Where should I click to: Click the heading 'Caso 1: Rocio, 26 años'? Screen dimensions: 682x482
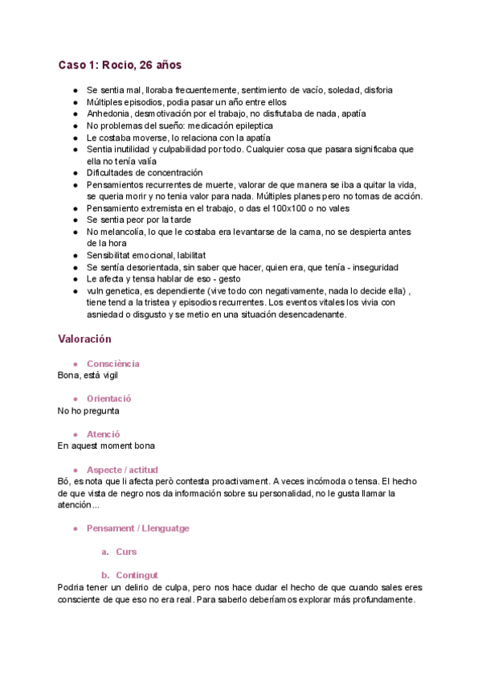[125, 64]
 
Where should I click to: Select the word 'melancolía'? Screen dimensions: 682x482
[123, 232]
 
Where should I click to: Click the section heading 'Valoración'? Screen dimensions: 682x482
[85, 339]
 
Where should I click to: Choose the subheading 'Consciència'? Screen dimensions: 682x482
[112, 364]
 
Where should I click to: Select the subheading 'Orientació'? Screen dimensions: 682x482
[109, 398]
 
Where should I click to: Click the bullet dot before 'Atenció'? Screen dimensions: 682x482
[75, 433]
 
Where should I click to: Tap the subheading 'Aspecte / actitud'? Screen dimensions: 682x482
[122, 469]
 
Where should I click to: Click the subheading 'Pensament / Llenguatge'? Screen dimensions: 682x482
[137, 528]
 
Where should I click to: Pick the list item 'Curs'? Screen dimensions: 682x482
[126, 552]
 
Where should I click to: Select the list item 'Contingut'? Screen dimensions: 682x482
[137, 575]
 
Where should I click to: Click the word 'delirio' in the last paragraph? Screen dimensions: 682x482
[132, 587]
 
